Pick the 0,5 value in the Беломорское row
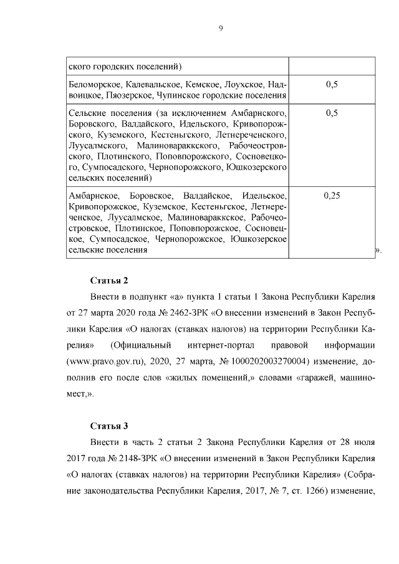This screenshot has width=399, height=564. (x=332, y=84)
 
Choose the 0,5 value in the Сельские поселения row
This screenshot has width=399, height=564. (x=332, y=113)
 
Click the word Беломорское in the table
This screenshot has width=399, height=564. (x=94, y=84)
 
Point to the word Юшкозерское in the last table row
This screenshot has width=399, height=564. (x=257, y=239)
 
